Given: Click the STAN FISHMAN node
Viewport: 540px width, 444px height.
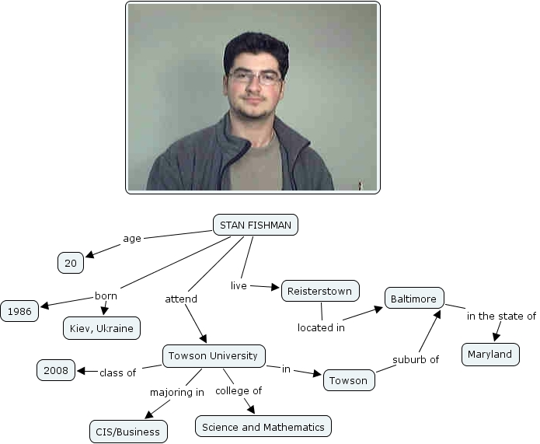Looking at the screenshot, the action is pos(255,225).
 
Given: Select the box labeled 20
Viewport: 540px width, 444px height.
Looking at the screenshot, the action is pos(71,264).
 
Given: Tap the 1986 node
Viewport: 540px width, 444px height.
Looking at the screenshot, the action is pos(19,312).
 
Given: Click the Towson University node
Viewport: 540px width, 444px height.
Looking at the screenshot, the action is pos(213,356).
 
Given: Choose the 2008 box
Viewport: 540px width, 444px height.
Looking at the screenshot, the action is pos(56,371).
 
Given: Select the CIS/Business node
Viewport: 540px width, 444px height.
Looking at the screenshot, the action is pos(129,432).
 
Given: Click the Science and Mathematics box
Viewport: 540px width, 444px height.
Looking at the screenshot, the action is pos(263,427).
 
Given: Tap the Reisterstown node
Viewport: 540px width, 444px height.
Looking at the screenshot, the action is pos(320,292).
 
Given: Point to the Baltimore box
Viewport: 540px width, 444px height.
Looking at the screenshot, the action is pos(415,298).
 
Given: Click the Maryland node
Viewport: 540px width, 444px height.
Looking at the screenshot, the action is pos(490,355).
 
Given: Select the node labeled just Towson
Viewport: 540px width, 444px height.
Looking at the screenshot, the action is pos(348,380).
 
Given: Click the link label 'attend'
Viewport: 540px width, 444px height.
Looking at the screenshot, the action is pos(181,299).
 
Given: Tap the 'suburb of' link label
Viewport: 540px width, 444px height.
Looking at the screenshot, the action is pos(416,360).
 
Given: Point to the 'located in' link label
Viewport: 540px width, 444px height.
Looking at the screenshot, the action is pos(321,327).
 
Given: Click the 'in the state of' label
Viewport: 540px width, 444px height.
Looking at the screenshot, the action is pos(501,316).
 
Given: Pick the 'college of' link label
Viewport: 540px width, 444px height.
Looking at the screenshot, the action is pos(239,390).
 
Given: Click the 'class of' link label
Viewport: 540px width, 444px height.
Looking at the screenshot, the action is pos(117,372).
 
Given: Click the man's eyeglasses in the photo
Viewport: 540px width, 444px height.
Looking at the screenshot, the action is pos(255,78).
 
